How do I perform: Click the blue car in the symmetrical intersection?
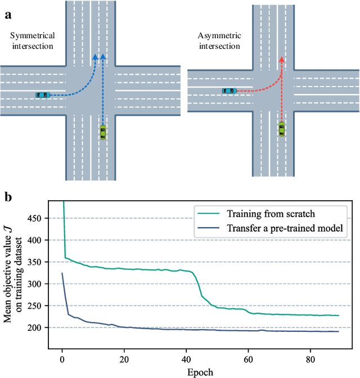pos(42,95)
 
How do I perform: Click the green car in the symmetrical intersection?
pos(103,132)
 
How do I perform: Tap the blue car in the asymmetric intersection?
pos(229,91)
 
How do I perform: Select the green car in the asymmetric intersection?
pos(281,129)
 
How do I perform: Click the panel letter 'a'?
pos(8,15)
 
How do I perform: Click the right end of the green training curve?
pos(339,316)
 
